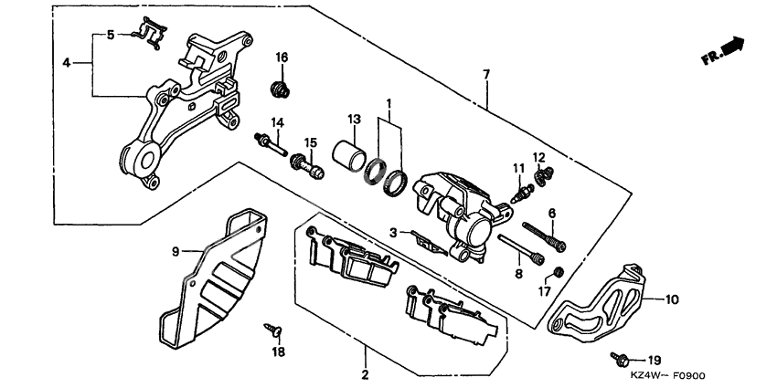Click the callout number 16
pyautogui.click(x=282, y=58)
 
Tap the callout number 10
pyautogui.click(x=671, y=299)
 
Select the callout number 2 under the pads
pyautogui.click(x=364, y=375)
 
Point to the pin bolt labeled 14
pyautogui.click(x=270, y=142)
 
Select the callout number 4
pyautogui.click(x=67, y=63)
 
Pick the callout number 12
pyautogui.click(x=539, y=157)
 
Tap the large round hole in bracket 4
pyautogui.click(x=141, y=161)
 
